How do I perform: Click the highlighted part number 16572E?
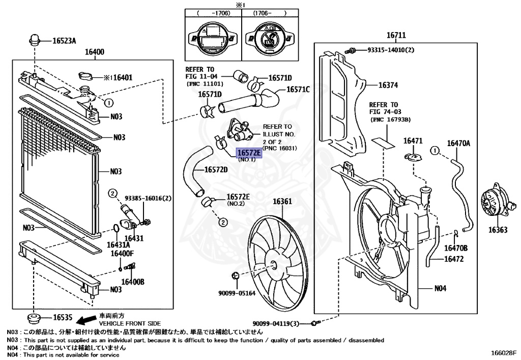point(249,152)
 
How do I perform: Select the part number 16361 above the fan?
point(282,201)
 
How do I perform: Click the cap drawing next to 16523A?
point(35,39)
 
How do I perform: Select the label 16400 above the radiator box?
point(94,51)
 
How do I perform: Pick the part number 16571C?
point(298,89)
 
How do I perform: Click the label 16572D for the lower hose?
point(216,170)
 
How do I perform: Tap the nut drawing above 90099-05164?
point(235,276)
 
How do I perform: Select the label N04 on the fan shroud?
point(440,288)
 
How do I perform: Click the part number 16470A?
point(458,144)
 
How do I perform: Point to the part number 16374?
point(389,86)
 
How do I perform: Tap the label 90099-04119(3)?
point(280,323)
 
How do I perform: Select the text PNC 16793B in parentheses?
point(390,120)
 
